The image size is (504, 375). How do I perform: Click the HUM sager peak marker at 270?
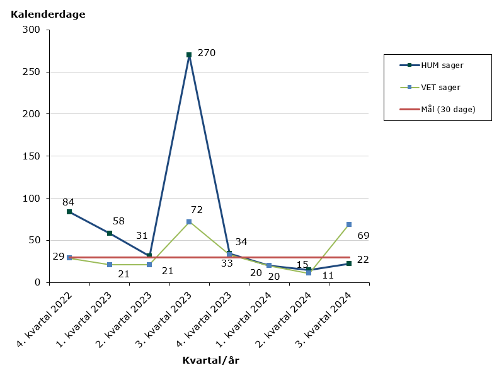click(x=189, y=55)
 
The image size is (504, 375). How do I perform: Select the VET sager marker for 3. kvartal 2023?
click(x=189, y=222)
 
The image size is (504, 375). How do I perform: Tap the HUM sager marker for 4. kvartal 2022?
click(x=69, y=212)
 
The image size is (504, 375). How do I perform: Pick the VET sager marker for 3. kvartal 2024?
click(x=348, y=224)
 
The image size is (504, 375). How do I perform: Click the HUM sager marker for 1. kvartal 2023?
click(x=110, y=233)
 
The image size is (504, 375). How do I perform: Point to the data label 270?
click(x=207, y=53)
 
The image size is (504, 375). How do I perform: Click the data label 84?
click(x=68, y=202)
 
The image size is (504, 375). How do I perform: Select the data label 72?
click(x=197, y=209)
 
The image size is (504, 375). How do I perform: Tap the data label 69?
click(x=363, y=236)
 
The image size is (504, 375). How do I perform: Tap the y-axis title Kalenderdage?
click(x=48, y=14)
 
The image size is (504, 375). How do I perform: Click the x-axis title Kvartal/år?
click(x=210, y=361)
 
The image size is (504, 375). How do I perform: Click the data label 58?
click(x=118, y=221)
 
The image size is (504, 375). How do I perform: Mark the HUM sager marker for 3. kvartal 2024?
click(x=348, y=263)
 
